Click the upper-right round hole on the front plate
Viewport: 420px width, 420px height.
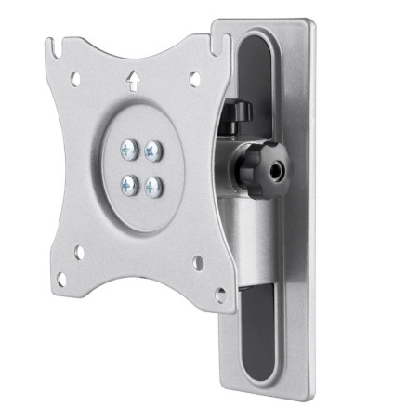(x=194, y=80)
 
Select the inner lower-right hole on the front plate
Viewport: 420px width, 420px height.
(x=198, y=264)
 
